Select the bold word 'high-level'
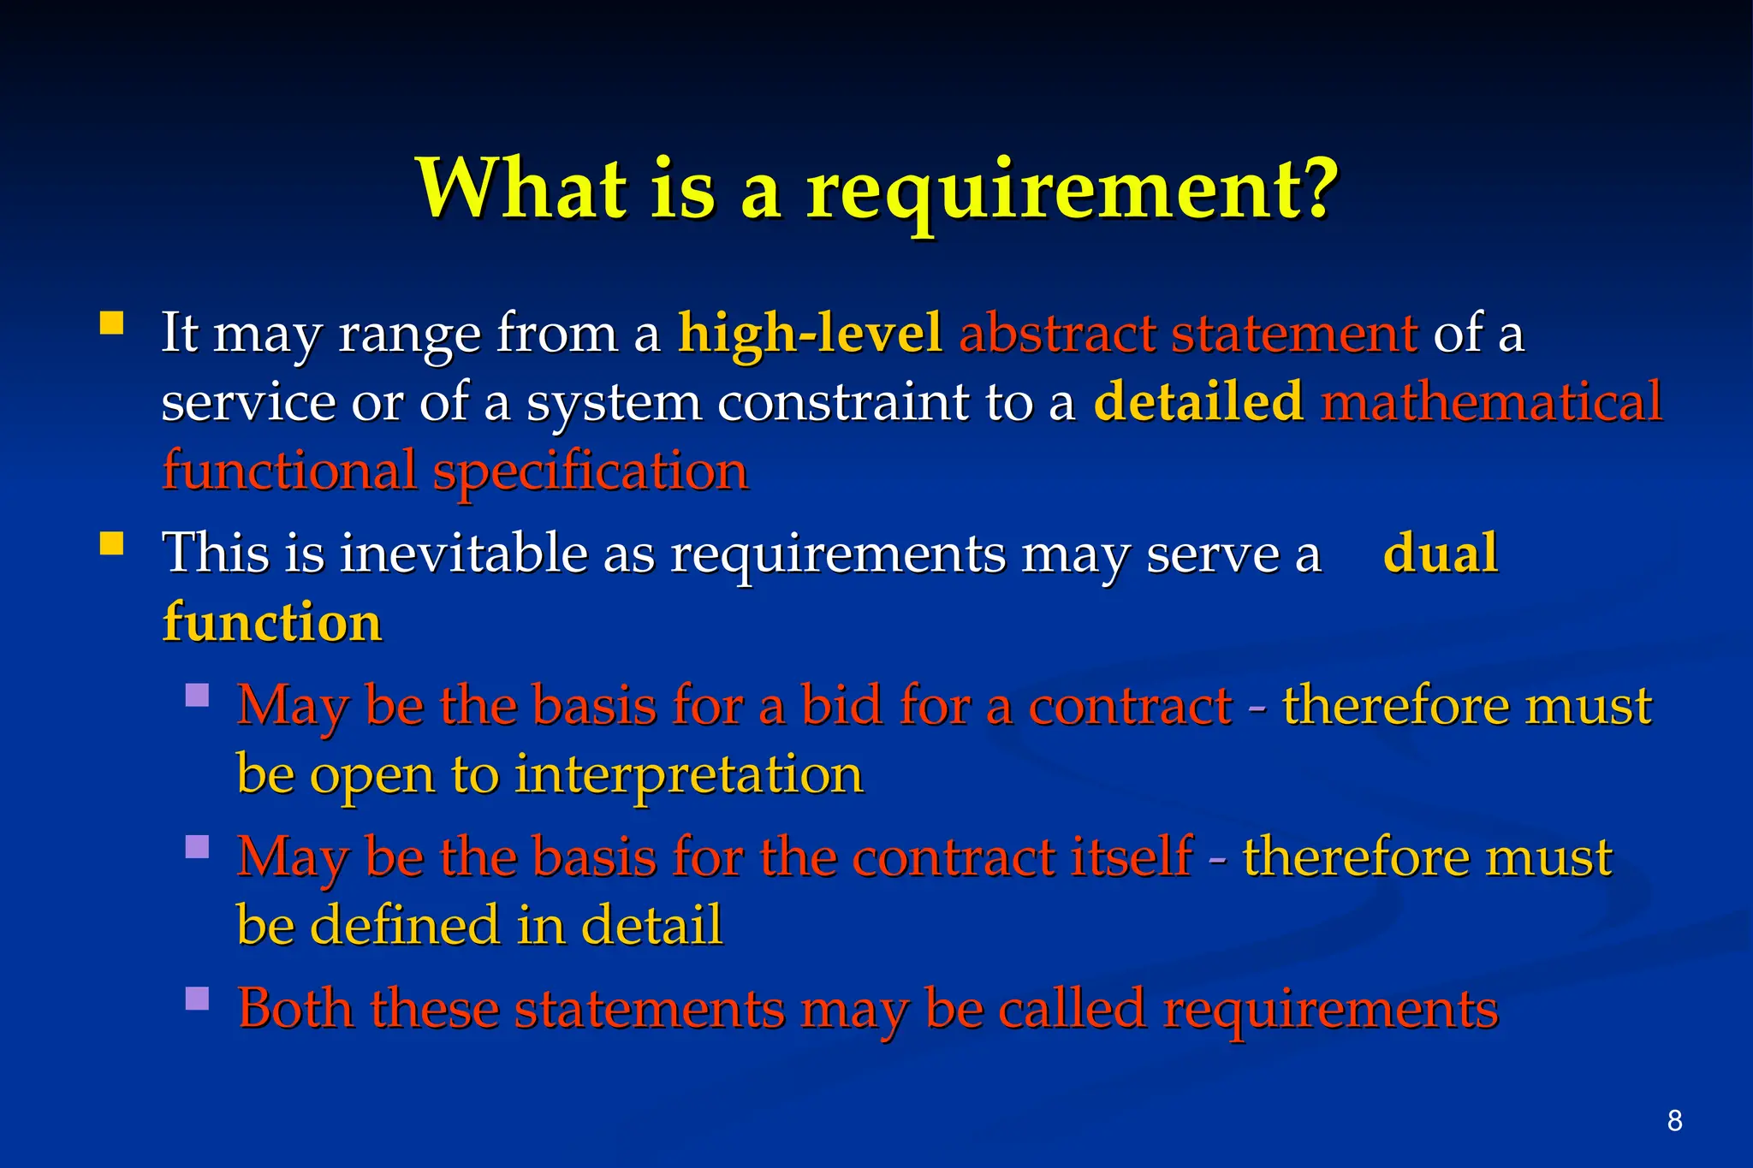click(x=810, y=333)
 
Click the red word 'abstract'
click(x=1057, y=333)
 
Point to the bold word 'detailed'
click(x=1198, y=401)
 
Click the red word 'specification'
click(x=590, y=471)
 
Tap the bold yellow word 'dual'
click(x=1441, y=553)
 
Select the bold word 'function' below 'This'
click(x=272, y=622)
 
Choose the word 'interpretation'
click(x=689, y=774)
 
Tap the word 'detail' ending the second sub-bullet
click(x=651, y=925)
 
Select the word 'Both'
click(x=295, y=1008)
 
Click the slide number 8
click(x=1674, y=1120)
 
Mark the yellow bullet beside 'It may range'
click(x=112, y=323)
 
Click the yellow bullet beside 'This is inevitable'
click(x=112, y=544)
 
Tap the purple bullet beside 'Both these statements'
click(x=198, y=999)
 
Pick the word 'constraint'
click(x=842, y=401)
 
